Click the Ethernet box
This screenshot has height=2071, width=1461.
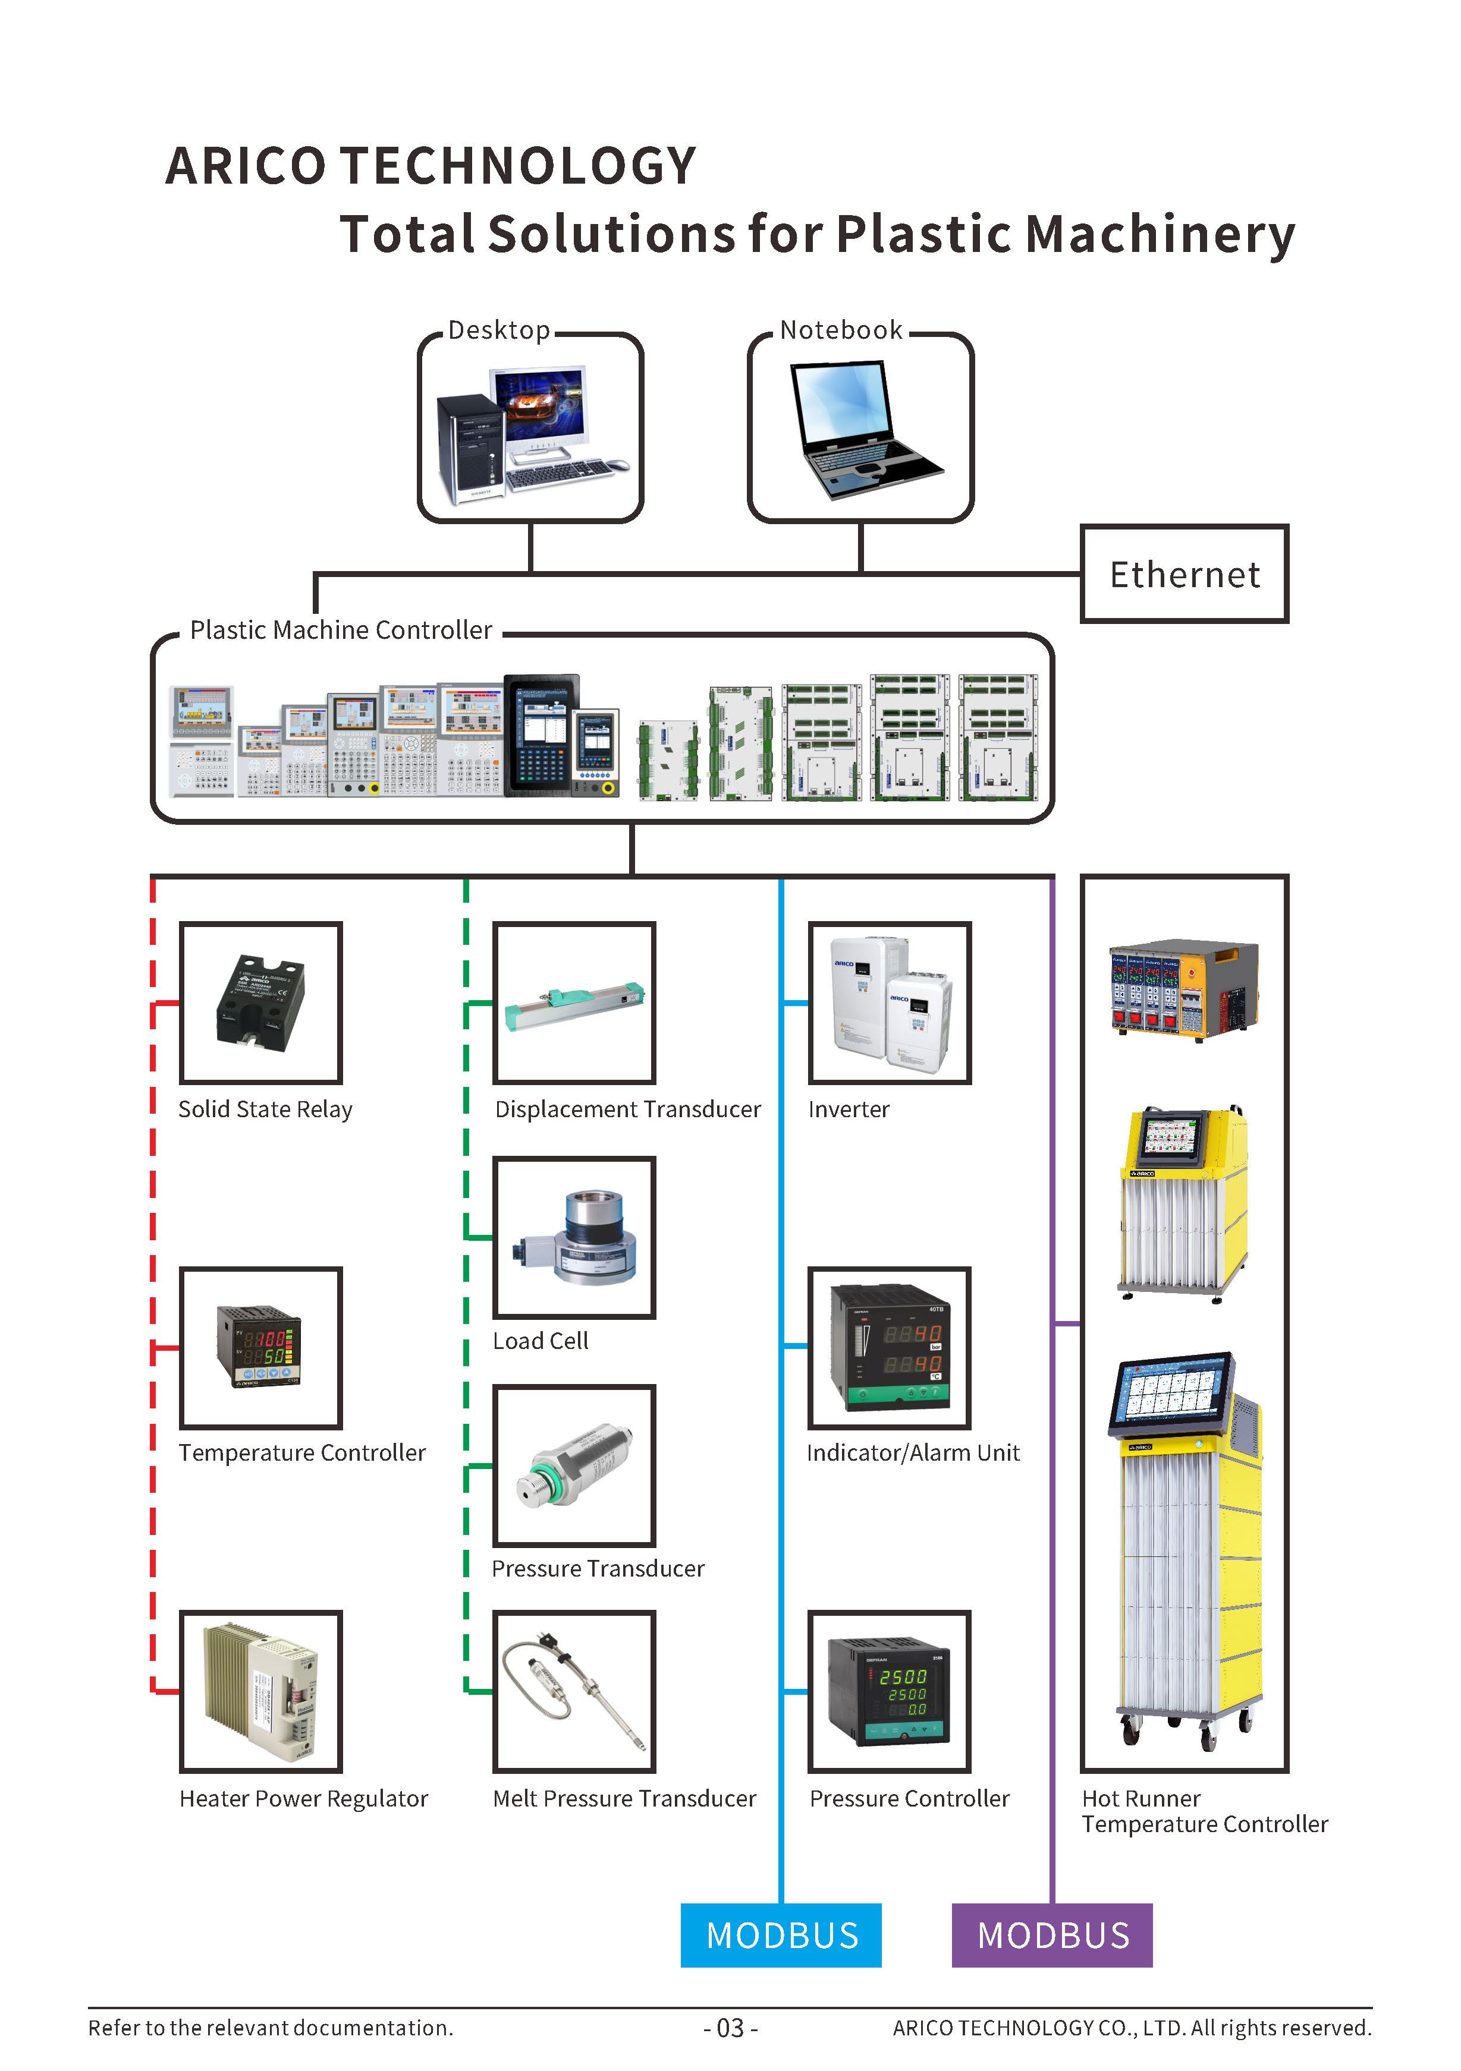pos(1184,573)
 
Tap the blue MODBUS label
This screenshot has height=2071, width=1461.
pos(781,1935)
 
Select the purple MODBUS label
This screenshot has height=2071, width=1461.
pos(1052,1935)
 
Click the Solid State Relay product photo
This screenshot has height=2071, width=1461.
pos(261,1002)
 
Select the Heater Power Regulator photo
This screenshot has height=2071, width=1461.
pos(261,1691)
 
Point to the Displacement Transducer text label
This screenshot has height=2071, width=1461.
pos(628,1109)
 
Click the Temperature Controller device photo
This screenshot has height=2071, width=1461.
pos(260,1346)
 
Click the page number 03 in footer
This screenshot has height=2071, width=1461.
pos(730,2029)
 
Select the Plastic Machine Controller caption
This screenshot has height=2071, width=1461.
pos(341,629)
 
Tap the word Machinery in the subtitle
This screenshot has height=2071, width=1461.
pos(1161,235)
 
